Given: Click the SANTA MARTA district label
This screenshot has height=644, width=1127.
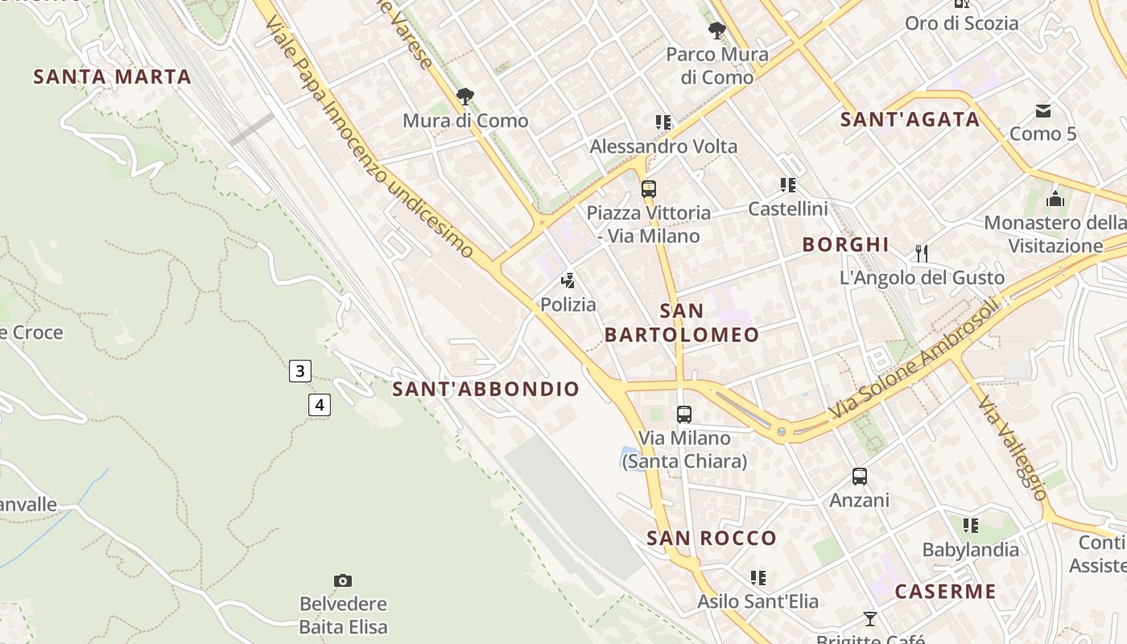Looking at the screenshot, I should pos(112,77).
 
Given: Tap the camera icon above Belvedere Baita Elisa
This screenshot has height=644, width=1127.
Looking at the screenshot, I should pos(343,580).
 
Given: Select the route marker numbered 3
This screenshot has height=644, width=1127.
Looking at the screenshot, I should pos(299,371).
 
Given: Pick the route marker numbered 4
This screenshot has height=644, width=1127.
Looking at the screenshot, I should pos(320,405).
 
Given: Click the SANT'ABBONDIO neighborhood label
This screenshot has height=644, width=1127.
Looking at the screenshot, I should pos(485,389).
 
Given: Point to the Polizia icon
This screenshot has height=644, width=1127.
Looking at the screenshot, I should pos(568,281).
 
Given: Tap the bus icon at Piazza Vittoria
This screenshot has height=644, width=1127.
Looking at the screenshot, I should pos(648,189).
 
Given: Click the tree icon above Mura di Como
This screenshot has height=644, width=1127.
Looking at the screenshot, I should pos(464,97).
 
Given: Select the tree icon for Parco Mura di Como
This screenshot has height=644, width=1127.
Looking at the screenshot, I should pos(716,31).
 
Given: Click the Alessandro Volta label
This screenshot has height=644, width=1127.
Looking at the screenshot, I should pos(663,147).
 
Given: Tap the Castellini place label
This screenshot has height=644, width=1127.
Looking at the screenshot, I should pos(787,209).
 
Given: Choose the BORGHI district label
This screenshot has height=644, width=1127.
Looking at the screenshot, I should pos(845,245).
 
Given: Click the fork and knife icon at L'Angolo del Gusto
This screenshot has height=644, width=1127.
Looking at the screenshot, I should pos(922,254).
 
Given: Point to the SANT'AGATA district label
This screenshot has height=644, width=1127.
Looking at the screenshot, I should pos(910,120).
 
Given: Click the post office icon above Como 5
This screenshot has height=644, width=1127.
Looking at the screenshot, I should pos(1043,110).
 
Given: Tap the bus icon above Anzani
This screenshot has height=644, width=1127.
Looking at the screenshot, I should pos(860,477).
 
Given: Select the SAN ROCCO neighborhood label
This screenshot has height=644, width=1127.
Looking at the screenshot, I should pos(712,539).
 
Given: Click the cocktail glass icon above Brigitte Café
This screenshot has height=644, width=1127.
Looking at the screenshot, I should pos(869,618).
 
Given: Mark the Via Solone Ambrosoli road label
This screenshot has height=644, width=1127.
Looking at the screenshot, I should pos(914,360).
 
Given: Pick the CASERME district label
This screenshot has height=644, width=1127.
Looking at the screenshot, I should pos(945,592).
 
